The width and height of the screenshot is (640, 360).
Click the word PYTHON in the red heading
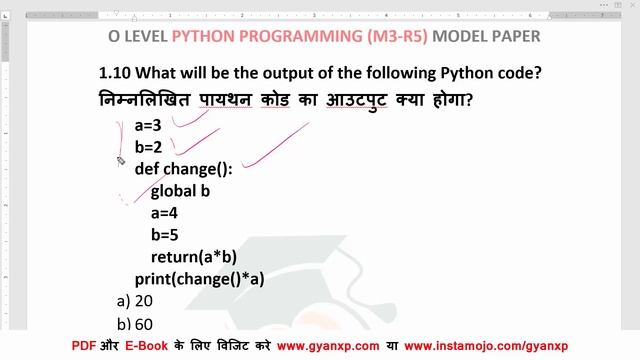[206, 37]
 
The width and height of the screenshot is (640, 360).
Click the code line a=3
[148, 126]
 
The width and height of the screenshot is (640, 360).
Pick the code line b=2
[148, 147]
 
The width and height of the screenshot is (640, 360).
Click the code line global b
[180, 190]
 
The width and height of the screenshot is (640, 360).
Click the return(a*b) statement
[193, 256]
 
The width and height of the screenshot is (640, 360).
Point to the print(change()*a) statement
[199, 279]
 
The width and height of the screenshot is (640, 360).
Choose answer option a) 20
[134, 301]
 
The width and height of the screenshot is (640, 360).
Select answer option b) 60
[134, 324]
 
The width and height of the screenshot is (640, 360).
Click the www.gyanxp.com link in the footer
[328, 346]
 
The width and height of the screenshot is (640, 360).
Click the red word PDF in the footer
[84, 346]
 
